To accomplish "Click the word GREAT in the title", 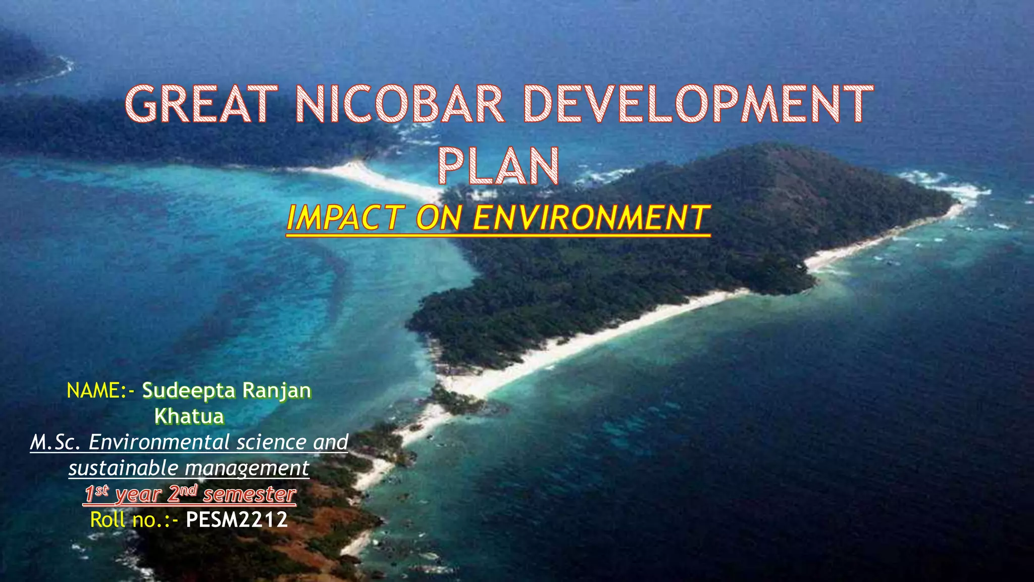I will click(201, 105).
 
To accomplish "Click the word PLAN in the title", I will click(498, 166).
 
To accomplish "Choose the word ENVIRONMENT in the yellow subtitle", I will click(591, 218).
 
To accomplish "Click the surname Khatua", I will click(189, 417).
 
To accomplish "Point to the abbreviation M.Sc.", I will click(56, 443).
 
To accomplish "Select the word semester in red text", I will click(249, 495).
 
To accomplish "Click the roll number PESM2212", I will click(237, 520).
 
